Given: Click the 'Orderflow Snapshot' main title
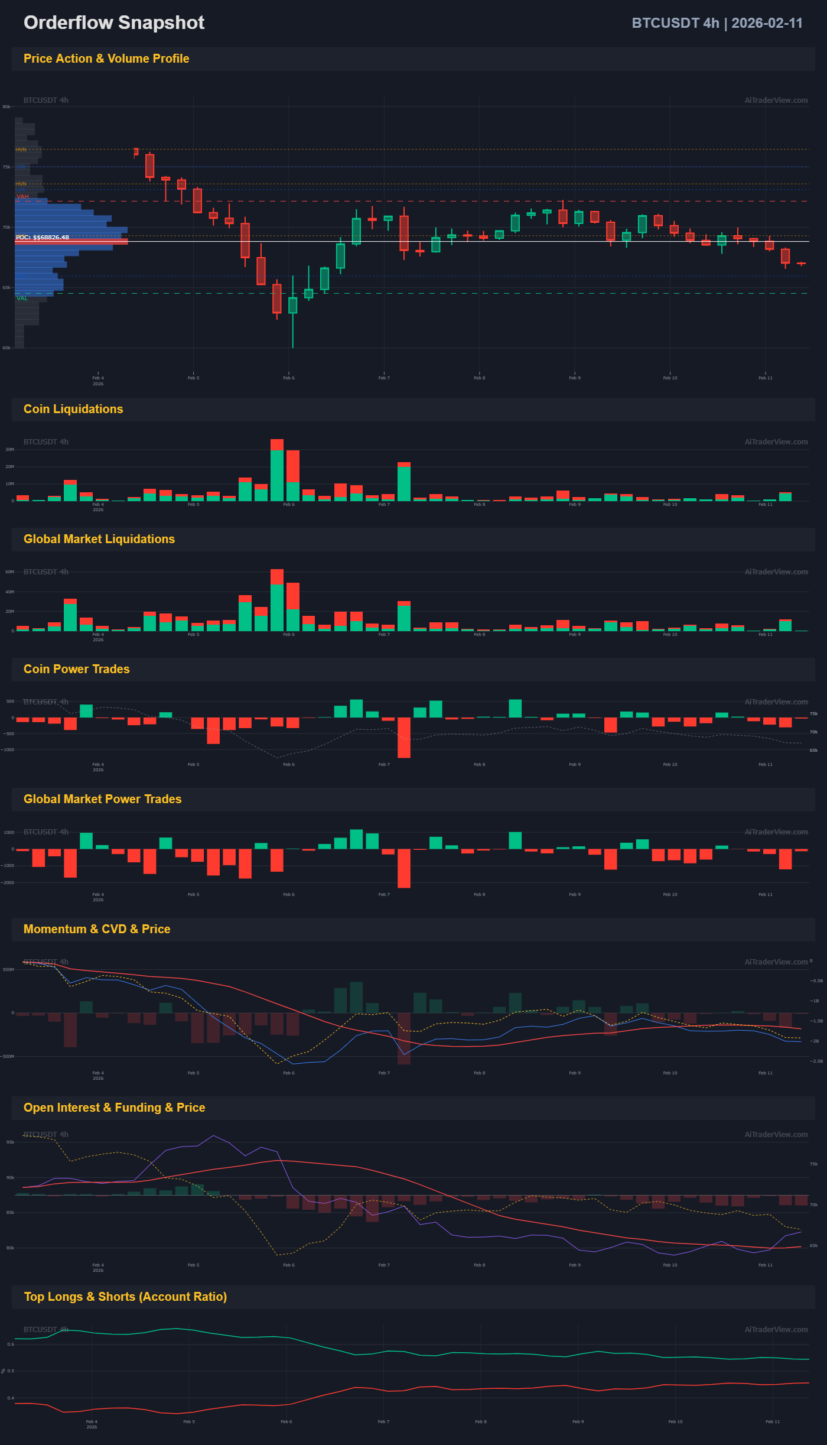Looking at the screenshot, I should coord(114,22).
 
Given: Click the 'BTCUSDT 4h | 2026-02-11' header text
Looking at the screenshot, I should coord(717,23).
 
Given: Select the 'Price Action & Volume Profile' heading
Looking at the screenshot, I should coord(106,59).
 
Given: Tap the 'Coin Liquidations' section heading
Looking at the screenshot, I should coord(73,409).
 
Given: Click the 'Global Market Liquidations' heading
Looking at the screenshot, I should coord(99,539).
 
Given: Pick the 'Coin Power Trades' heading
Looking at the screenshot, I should coord(76,669).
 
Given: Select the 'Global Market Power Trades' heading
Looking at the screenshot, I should coord(102,799).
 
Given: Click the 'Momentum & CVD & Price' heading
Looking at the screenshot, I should coord(97,929).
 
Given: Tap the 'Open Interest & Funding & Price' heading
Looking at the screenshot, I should coord(114,1108).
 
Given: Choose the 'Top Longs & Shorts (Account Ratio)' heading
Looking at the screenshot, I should coord(125,1297).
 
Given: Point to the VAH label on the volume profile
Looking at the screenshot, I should coord(22,196).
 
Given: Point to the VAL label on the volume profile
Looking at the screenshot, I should coord(22,298).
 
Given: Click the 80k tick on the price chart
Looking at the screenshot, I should coord(6,107).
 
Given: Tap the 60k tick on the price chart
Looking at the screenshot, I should coord(6,348).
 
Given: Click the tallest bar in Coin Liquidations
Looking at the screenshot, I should coord(276,470).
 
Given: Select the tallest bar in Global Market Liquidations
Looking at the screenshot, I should coord(276,600).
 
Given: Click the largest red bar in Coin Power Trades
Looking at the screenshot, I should coord(404,738).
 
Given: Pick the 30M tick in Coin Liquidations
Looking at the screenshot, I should coord(9,450).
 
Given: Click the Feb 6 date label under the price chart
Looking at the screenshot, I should coord(289,378).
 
